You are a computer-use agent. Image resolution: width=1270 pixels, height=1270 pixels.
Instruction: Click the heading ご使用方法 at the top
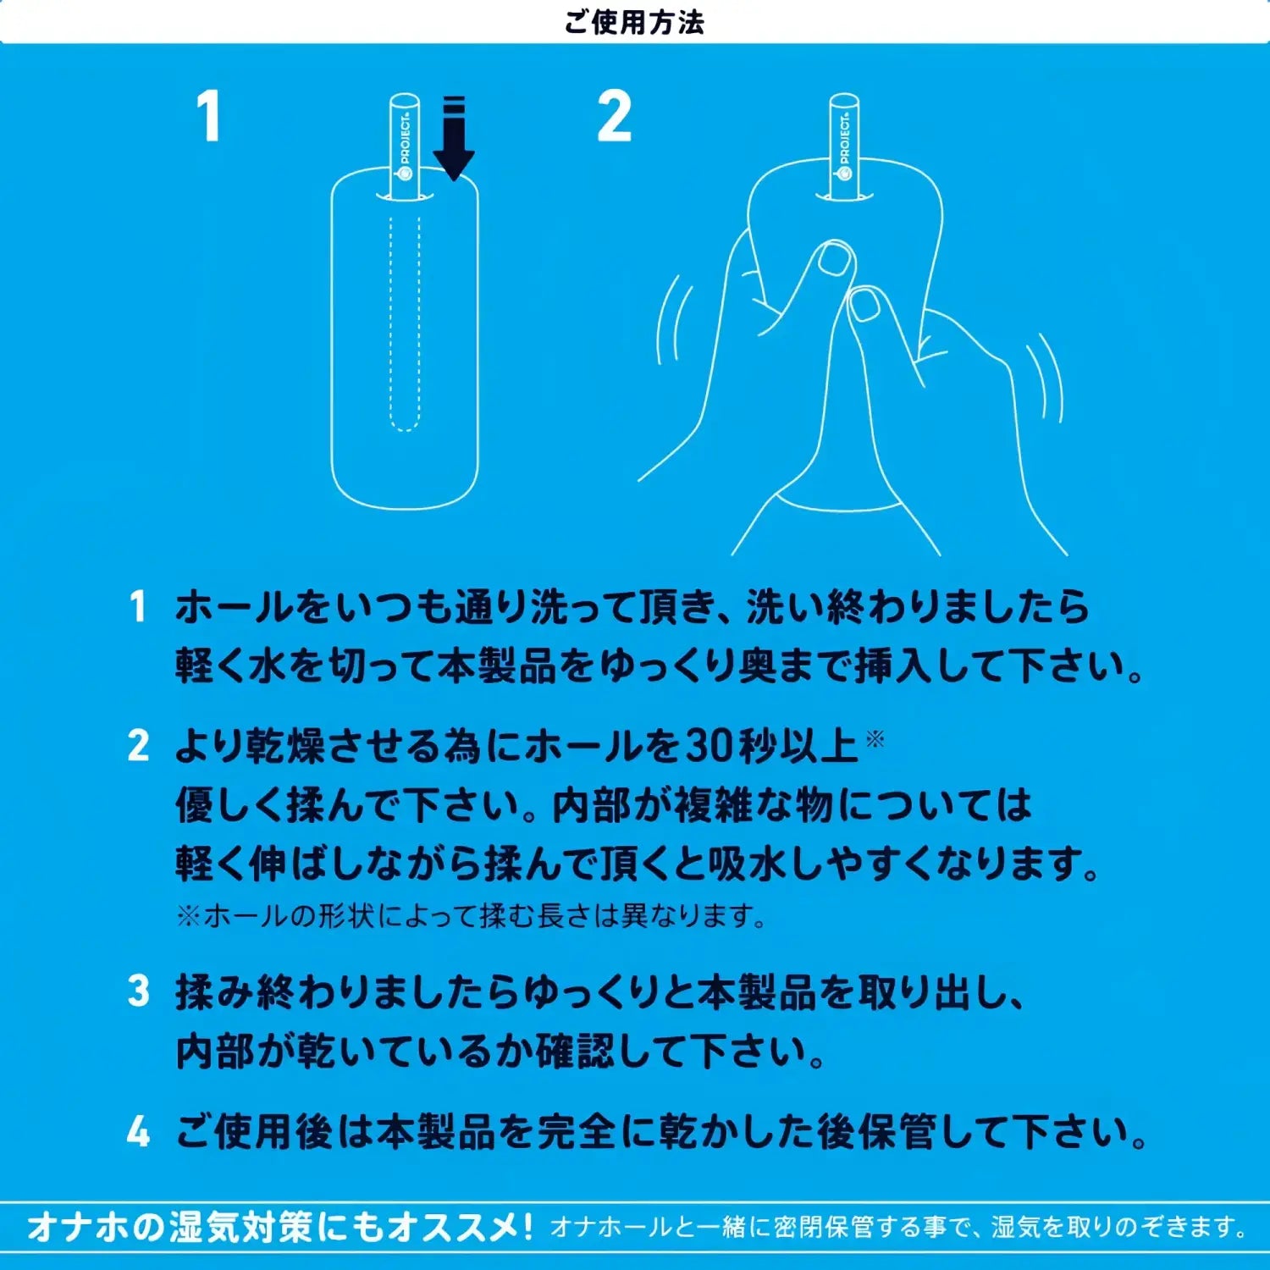tap(634, 22)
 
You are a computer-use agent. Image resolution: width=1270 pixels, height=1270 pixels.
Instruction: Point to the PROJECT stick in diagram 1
tap(405, 147)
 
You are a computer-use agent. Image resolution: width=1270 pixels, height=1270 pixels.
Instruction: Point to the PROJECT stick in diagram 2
tap(844, 147)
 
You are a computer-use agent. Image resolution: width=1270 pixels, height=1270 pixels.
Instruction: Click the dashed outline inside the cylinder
tap(405, 322)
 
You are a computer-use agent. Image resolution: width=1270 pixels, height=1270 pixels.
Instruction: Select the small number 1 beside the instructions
tap(138, 606)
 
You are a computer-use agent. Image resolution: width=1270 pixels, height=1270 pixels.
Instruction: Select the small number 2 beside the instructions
tap(138, 746)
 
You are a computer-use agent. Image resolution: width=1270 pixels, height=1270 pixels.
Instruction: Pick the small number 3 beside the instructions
tap(138, 991)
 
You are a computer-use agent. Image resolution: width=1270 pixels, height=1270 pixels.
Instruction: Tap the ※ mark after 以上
tap(875, 739)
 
